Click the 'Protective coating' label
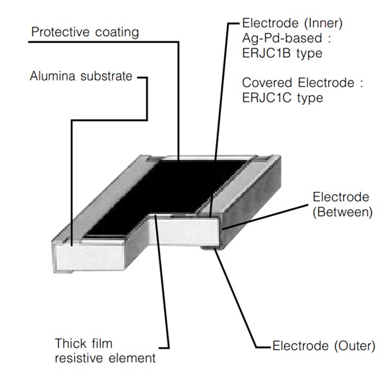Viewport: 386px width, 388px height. tap(84, 32)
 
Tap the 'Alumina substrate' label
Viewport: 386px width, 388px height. tap(80, 77)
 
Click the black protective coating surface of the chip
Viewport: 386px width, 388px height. tap(174, 187)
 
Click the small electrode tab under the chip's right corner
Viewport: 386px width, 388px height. tap(210, 248)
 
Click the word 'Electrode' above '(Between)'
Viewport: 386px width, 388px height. tap(340, 197)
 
